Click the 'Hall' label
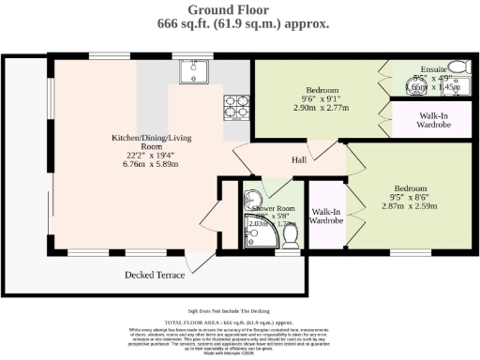tap(298, 159)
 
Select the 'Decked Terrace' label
tap(155, 275)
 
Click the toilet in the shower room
tap(291, 242)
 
